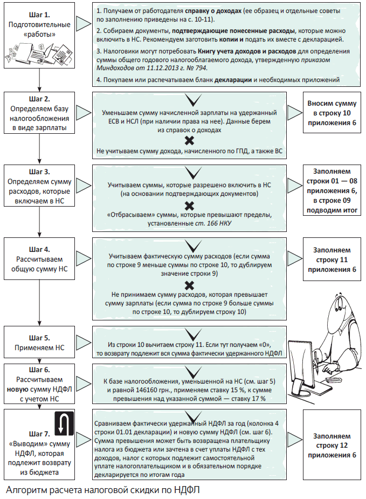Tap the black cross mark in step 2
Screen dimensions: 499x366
(x=189, y=141)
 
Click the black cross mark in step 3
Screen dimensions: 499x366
(x=189, y=206)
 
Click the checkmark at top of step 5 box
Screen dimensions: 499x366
(x=189, y=334)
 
